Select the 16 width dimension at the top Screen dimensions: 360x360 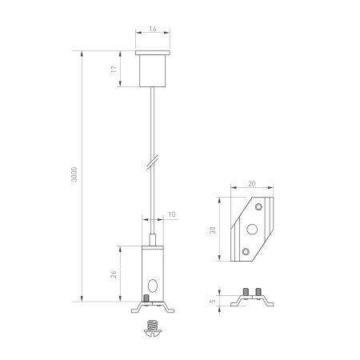(151, 27)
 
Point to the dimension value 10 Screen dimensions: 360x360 (172, 214)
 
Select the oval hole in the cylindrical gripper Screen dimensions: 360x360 (153, 284)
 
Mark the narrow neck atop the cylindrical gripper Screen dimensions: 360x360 (151, 239)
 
